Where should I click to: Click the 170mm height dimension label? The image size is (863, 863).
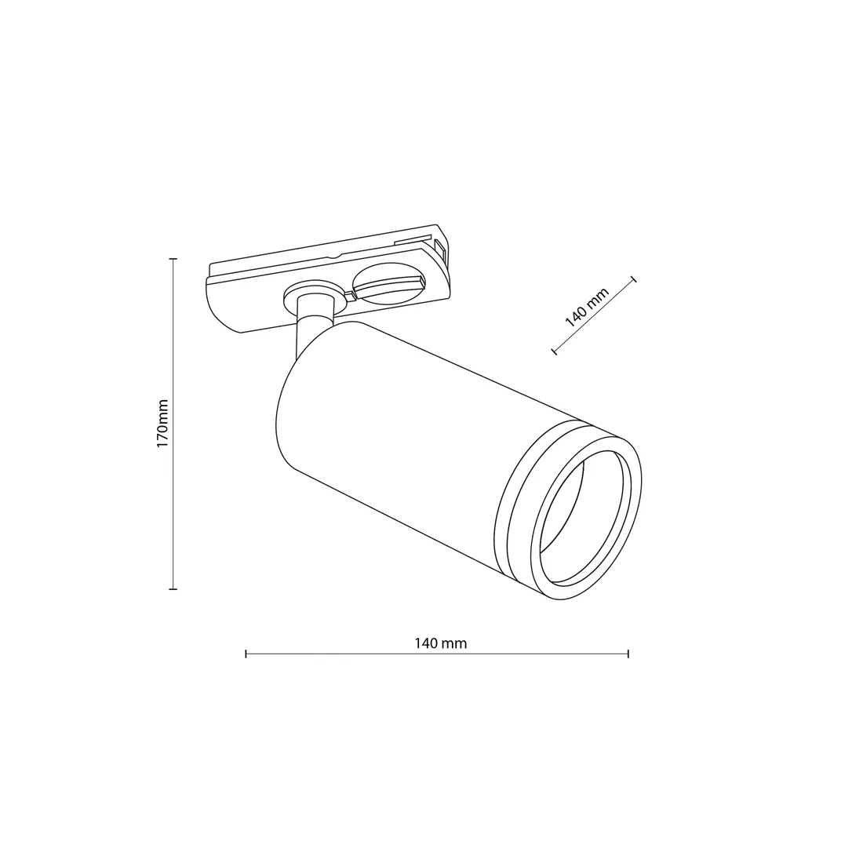tap(162, 424)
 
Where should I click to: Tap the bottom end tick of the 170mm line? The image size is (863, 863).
tap(173, 588)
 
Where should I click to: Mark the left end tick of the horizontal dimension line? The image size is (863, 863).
tap(246, 653)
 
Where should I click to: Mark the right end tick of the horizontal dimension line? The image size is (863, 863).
tap(628, 653)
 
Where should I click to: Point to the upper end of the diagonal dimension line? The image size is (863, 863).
tap(633, 279)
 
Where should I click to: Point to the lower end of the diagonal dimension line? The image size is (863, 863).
tap(555, 351)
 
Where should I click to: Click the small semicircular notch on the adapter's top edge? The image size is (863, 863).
tap(335, 256)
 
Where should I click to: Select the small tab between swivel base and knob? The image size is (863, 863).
tap(347, 294)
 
